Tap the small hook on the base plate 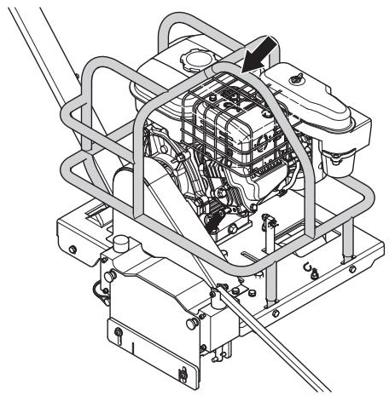pyautogui.click(x=308, y=271)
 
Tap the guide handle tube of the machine pyautogui.click(x=43, y=51)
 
